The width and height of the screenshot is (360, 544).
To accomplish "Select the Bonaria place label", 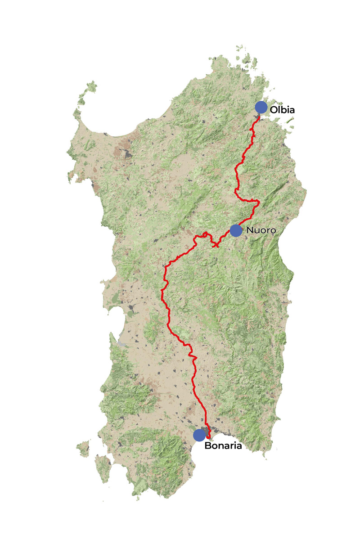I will coord(224,446).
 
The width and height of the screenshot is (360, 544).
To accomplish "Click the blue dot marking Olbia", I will coord(261,107).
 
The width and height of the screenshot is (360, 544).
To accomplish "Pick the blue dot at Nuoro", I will coord(236,230).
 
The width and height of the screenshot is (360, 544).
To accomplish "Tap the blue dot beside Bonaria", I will coord(199,435).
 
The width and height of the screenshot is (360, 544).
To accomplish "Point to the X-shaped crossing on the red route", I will coord(216,246).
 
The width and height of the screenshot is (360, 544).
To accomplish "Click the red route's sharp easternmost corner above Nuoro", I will coord(259,202).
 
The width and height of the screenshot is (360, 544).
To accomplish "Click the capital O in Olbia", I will coord(274,109).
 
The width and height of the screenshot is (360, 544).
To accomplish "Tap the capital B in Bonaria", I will coord(208,446).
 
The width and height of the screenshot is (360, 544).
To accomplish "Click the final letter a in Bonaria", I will coord(240,446).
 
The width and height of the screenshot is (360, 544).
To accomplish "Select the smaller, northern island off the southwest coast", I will coord(83,448).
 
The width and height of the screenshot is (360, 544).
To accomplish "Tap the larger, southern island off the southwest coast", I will coord(103,464).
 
